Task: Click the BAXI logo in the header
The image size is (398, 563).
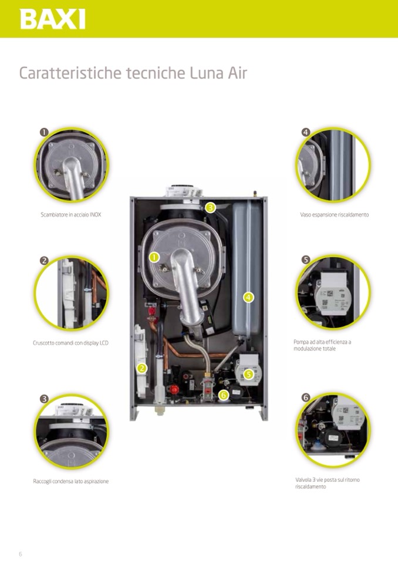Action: coord(53,19)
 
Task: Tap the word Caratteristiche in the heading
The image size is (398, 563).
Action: coord(70,73)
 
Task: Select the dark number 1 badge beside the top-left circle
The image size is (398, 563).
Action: coord(44,132)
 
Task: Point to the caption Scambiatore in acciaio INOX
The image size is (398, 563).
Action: coord(71,215)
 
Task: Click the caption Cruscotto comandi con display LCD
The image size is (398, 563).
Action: coord(70,343)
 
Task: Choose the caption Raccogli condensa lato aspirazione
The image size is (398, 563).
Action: coord(70,481)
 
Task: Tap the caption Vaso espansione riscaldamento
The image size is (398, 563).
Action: coord(335,215)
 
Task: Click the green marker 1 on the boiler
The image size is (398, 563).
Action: coord(154,257)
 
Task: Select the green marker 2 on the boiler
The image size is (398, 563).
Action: coord(142,368)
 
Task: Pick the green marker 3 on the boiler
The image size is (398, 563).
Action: coord(210,207)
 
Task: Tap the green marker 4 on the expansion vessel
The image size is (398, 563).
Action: coord(248,297)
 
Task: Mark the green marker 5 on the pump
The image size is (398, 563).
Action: coord(248,374)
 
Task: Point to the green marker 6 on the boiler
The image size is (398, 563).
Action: coord(223,395)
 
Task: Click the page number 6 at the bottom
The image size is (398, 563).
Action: coord(21,554)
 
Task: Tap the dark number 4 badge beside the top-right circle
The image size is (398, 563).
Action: coord(305,132)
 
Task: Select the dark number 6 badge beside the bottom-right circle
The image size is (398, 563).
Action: coord(305,397)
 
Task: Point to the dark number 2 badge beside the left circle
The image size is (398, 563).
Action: coord(44,260)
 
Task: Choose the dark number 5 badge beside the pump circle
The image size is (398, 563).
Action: coord(305,259)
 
